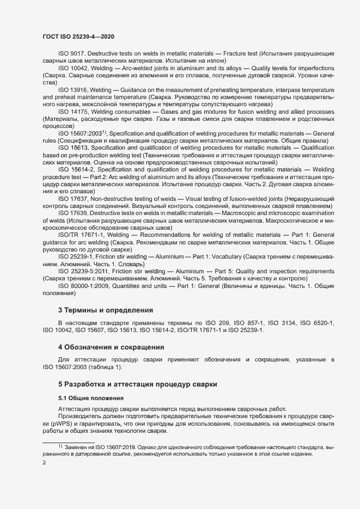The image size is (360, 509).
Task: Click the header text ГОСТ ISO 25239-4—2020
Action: [78, 36]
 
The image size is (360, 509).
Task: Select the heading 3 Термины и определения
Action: [106, 310]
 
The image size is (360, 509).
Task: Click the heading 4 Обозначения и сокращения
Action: [111, 347]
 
